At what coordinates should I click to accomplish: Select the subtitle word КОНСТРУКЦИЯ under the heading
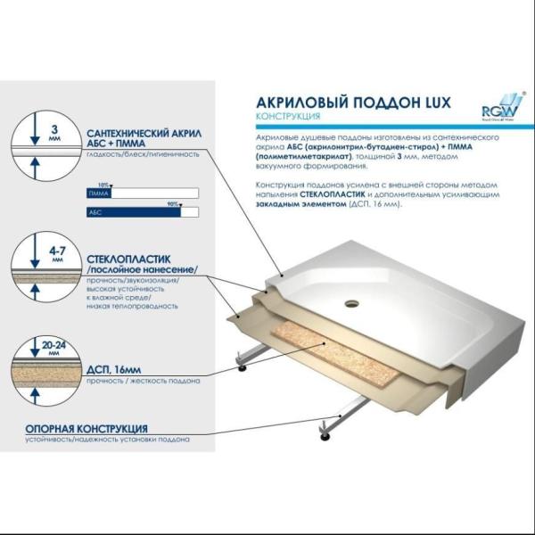click(284, 117)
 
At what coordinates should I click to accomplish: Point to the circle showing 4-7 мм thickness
click(37, 264)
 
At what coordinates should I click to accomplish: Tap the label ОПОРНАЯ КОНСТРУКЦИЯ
click(86, 429)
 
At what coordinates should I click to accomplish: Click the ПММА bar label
click(96, 193)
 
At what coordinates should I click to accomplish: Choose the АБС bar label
click(95, 213)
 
